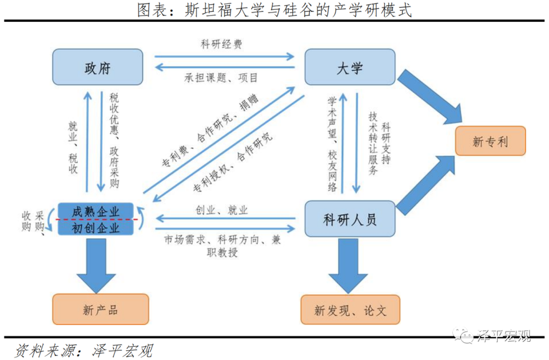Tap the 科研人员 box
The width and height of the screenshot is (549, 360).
[x=349, y=219]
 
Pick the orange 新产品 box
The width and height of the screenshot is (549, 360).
[x=100, y=310]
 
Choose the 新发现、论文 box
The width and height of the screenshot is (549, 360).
[x=350, y=310]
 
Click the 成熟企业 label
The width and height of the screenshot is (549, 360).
[x=96, y=211]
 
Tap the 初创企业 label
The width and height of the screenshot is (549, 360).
[x=96, y=227]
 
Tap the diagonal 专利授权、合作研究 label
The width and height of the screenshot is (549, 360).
[x=233, y=163]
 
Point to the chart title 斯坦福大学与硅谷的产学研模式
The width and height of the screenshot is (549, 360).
[x=274, y=10]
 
